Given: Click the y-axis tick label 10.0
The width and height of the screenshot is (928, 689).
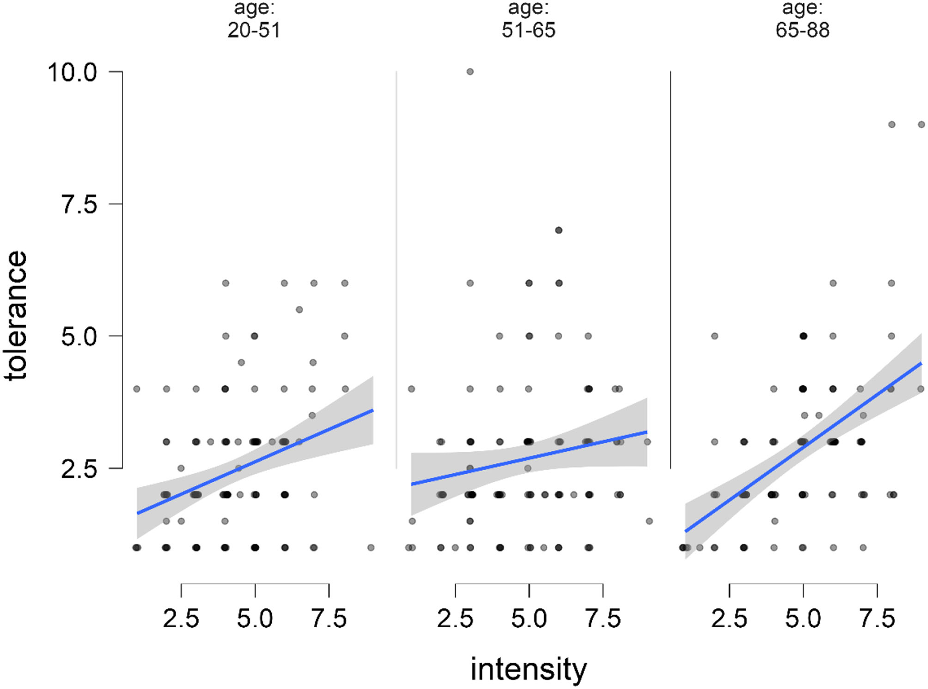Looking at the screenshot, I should click(x=72, y=72).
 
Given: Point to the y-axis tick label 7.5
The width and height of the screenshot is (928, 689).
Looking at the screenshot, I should click(x=79, y=204).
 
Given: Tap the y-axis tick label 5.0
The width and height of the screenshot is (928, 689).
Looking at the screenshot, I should click(x=79, y=337).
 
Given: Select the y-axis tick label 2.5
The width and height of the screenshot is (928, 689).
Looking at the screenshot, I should click(x=79, y=469).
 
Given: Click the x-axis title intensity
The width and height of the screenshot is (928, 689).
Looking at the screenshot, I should click(x=528, y=669).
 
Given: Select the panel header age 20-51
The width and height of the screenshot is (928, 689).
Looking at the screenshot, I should click(x=254, y=21).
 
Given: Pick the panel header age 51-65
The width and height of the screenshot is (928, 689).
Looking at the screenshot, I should click(x=528, y=21).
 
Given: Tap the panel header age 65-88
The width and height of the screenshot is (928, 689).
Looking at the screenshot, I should click(x=802, y=21).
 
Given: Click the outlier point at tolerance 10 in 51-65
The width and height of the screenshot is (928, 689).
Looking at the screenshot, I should click(x=470, y=72).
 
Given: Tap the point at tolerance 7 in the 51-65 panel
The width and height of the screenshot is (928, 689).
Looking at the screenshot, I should click(x=558, y=230).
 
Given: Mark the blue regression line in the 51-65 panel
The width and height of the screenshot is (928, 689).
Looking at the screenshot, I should click(x=529, y=458).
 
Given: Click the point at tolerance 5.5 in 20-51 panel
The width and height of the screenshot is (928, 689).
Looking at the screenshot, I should click(x=300, y=309).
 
